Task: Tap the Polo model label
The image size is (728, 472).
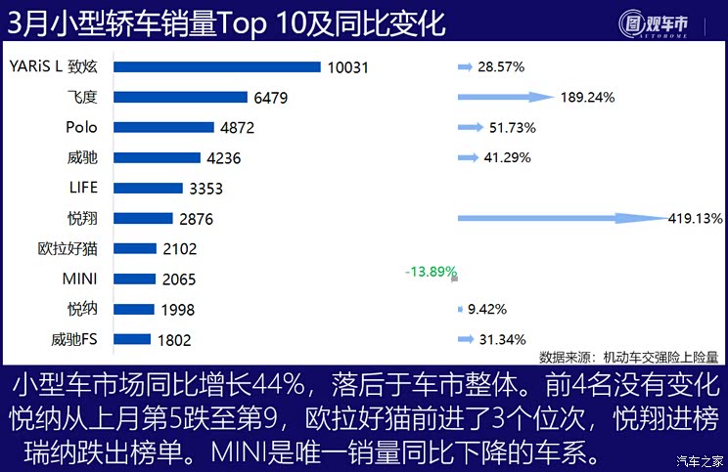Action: [82, 127]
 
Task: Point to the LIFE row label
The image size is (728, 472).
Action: [83, 188]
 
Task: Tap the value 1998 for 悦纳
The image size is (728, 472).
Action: [178, 310]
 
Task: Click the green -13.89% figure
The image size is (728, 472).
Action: [432, 271]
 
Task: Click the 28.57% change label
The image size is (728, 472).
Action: [502, 66]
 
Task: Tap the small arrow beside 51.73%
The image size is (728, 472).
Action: [467, 127]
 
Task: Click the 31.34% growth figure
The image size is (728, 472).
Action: [502, 340]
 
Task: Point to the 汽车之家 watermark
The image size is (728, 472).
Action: [701, 460]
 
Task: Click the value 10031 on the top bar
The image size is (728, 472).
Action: [348, 66]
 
